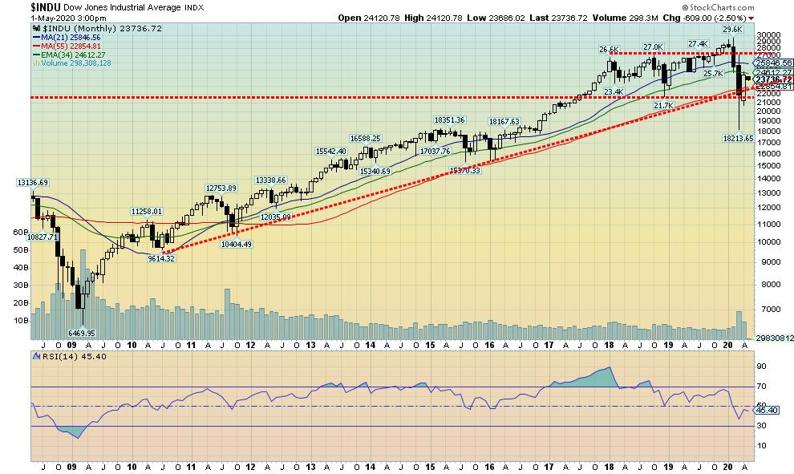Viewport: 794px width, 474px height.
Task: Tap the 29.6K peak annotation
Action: [x=731, y=29]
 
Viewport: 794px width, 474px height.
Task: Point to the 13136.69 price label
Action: [x=28, y=183]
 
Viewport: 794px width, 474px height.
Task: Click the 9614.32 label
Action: [x=161, y=258]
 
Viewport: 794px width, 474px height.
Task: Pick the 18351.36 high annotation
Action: [x=449, y=120]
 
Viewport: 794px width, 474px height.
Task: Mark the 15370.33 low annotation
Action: [x=464, y=170]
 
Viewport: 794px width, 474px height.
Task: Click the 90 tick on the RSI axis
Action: [x=762, y=367]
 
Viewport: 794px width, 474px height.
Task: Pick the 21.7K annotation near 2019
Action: [x=664, y=106]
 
